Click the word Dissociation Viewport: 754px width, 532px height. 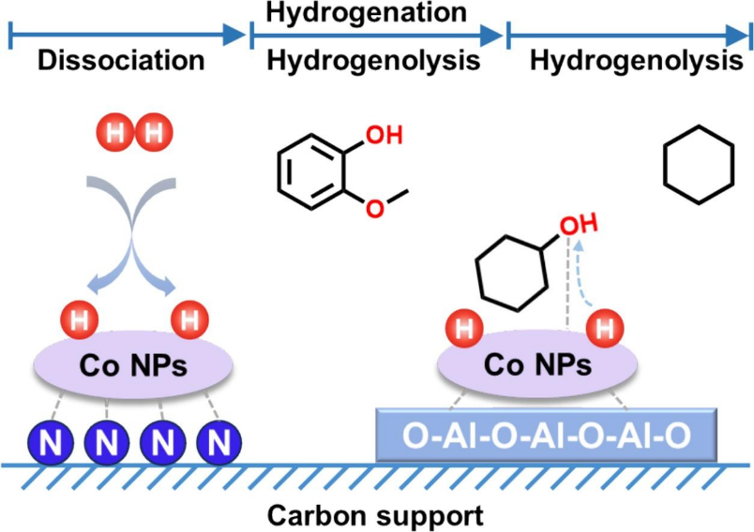point(121,62)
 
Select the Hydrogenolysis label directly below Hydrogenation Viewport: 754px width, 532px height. point(374,62)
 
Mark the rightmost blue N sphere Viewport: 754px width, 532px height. point(219,438)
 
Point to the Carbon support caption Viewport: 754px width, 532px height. point(374,514)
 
